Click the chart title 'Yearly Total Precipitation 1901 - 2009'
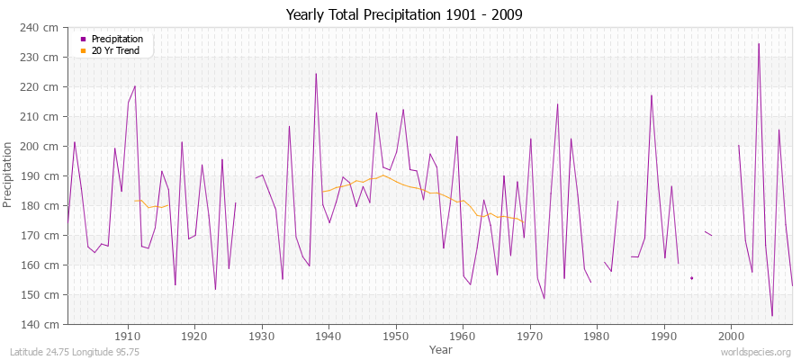coord(404,14)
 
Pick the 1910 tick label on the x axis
coord(128,337)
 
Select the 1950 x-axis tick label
coord(395,337)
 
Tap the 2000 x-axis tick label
coord(730,337)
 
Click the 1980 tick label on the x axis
coord(596,337)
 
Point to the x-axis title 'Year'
coord(441,349)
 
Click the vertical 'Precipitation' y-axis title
coord(10,175)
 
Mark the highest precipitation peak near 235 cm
coord(759,43)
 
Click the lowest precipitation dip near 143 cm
coord(772,316)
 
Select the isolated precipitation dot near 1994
coord(691,278)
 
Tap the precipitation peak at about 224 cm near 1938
coord(316,74)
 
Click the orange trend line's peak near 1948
coord(382,175)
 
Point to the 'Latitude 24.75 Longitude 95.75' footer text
coord(73,352)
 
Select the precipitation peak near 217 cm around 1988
coord(652,95)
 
